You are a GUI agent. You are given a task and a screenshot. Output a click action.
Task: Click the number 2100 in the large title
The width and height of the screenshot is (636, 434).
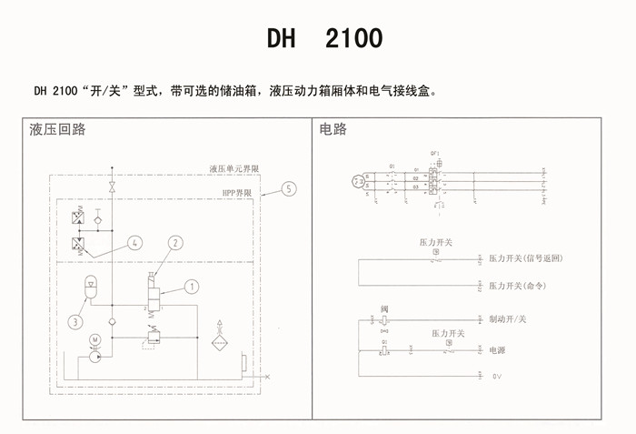[x=353, y=39]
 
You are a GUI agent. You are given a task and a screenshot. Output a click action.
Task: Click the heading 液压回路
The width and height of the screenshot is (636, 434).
[x=58, y=129]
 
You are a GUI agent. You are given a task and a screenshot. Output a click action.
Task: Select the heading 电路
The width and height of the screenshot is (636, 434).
[x=333, y=129]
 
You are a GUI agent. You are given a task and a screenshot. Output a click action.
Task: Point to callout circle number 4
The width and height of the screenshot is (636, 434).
[x=134, y=243]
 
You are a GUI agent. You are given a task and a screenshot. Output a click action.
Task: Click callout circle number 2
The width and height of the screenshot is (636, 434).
[x=175, y=242]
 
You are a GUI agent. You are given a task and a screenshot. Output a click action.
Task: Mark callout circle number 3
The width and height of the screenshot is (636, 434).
[x=75, y=320]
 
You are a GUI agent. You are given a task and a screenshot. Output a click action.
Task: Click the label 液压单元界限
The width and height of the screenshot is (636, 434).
[x=234, y=169]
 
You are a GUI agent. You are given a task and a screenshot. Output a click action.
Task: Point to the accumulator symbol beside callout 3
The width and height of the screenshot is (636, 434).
[x=90, y=286]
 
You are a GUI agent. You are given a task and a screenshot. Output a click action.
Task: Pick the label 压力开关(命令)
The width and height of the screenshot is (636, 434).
[x=521, y=286]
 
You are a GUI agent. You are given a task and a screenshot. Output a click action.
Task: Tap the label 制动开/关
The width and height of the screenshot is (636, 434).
[x=508, y=319]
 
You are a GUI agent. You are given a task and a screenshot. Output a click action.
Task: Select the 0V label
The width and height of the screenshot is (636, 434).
[x=497, y=375]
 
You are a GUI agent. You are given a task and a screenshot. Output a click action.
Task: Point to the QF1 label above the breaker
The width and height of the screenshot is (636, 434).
[x=435, y=153]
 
